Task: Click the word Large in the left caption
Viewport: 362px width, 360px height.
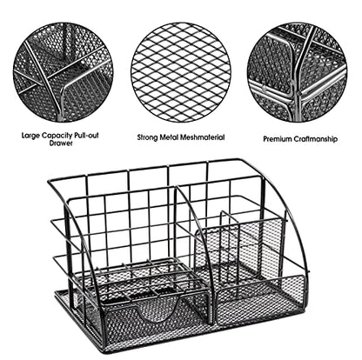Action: tap(30, 136)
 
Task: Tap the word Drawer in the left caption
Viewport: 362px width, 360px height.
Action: tap(61, 143)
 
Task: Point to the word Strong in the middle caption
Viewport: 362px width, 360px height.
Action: tap(148, 137)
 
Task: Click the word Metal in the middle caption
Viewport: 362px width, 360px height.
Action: tap(169, 137)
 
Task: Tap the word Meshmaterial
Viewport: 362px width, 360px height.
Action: tap(202, 137)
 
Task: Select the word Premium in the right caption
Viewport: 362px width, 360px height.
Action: tap(277, 139)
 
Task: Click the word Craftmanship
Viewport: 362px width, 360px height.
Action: tap(315, 139)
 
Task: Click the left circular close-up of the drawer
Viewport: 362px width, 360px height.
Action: tap(64, 72)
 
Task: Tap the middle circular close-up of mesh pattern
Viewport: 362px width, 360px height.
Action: tap(180, 72)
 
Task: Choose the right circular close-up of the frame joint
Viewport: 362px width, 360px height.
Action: tap(298, 72)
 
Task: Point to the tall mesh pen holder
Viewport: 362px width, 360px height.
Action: tap(238, 250)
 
